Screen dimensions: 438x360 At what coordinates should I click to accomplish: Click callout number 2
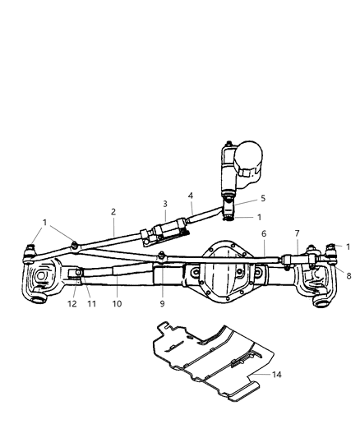[113, 212]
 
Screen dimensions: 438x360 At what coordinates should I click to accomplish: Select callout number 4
[190, 196]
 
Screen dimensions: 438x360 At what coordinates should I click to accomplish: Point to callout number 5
[240, 198]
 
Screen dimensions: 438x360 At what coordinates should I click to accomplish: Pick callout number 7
[296, 233]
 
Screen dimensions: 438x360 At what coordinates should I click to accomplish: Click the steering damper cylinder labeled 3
[165, 228]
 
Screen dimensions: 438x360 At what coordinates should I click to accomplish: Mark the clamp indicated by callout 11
[76, 274]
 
